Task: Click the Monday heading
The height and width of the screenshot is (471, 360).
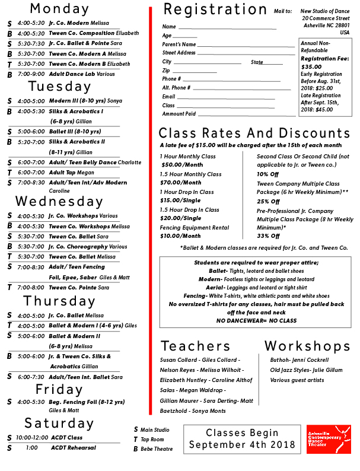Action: (59, 8)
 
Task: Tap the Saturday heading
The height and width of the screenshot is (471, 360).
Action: (59, 423)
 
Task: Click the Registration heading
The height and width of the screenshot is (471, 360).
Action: (215, 9)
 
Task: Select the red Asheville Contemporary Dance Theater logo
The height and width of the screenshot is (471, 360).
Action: (328, 440)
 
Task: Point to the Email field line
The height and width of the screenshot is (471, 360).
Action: (226, 98)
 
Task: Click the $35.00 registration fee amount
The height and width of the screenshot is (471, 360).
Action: (311, 67)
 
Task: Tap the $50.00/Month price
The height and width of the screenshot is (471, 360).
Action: (182, 165)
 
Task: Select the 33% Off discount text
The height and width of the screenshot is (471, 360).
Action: (267, 236)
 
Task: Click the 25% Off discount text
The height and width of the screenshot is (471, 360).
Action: (267, 202)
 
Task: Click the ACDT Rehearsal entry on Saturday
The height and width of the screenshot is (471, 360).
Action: (73, 448)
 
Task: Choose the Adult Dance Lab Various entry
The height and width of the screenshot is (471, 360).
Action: (82, 74)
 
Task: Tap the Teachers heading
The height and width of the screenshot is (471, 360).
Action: (195, 346)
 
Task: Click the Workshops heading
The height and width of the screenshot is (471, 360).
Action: (307, 346)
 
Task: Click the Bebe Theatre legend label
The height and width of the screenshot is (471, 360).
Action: (156, 449)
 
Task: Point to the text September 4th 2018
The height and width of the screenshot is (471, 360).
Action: (242, 445)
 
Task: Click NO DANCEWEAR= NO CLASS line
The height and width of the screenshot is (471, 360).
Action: (256, 320)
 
